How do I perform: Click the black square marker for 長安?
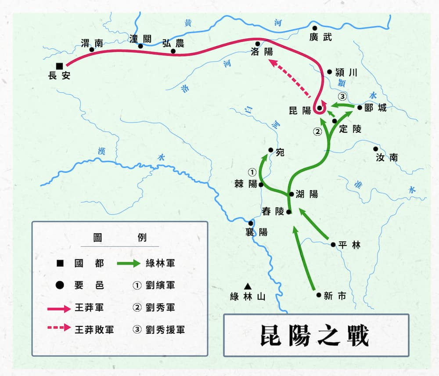[x=59, y=66]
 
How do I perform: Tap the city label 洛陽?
[x=262, y=51]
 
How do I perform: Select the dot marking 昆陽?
[x=320, y=108]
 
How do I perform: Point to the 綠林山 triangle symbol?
[x=248, y=286]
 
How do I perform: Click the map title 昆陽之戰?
[x=315, y=336]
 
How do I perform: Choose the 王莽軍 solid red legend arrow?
[x=59, y=309]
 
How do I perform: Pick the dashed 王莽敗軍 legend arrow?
[x=59, y=328]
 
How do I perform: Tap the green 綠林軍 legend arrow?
[x=129, y=264]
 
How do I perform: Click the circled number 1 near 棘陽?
[x=252, y=172]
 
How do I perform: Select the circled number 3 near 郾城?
[x=342, y=97]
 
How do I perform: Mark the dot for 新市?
[x=319, y=295]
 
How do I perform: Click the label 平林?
[x=349, y=245]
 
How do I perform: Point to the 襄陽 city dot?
[x=251, y=223]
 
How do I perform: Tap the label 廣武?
[x=320, y=37]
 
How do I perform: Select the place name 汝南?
[x=387, y=157]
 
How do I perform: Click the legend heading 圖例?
[x=120, y=238]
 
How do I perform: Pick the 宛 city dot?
[x=271, y=150]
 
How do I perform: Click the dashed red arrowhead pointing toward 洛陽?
[x=274, y=63]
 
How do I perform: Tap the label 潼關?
[x=140, y=39]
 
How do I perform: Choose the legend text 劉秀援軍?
[x=165, y=330]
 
